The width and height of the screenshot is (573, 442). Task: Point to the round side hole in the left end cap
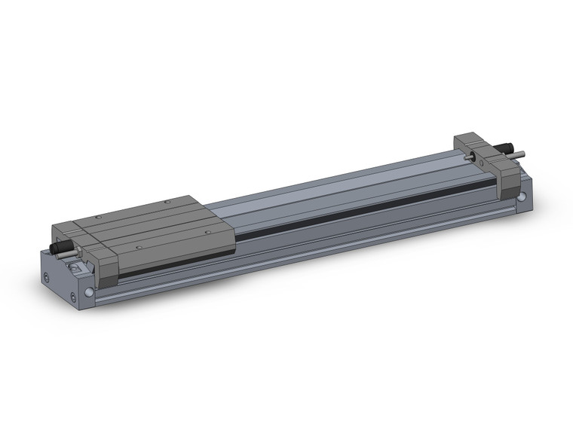(90, 292)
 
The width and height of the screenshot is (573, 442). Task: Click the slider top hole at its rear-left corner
(98, 217)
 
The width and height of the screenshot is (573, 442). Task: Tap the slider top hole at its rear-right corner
(166, 202)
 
